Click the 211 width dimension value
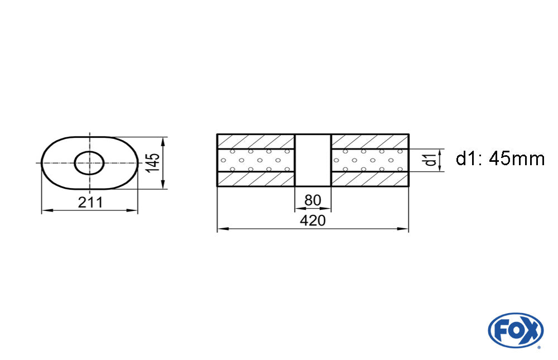point(90,203)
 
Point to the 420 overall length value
point(312,220)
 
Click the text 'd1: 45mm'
point(499,159)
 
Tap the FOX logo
point(515,330)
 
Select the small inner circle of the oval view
point(89,163)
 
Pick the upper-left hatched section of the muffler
point(256,142)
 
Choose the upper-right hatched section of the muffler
point(370,142)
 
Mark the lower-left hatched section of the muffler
point(256,179)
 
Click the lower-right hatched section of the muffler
point(370,179)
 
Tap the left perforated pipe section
point(256,160)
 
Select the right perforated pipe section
point(370,160)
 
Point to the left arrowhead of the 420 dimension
point(220,229)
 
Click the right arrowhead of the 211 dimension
point(134,210)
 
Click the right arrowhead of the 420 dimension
point(405,229)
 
